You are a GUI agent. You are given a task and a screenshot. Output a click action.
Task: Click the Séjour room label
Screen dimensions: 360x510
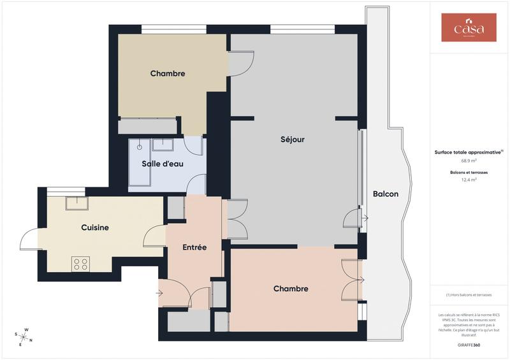click(293, 140)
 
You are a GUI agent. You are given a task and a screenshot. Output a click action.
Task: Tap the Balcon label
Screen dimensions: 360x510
click(386, 194)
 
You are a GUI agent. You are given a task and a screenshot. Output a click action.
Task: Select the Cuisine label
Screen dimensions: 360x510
click(95, 227)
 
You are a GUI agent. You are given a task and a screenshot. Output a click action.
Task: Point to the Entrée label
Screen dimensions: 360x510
click(194, 247)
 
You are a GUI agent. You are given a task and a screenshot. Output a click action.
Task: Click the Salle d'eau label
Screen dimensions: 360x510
click(163, 164)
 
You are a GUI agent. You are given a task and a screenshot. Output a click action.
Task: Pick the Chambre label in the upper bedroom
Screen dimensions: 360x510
click(168, 73)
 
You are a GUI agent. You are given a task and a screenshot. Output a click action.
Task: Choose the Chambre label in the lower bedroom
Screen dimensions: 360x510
click(291, 289)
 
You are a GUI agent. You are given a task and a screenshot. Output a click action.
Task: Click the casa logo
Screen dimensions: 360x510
click(469, 28)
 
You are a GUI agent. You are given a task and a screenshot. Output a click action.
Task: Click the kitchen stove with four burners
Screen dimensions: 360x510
click(80, 263)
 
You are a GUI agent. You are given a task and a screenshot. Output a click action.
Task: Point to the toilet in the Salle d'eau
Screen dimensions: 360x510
click(139, 147)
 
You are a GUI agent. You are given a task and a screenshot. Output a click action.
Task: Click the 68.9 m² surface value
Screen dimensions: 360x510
click(469, 161)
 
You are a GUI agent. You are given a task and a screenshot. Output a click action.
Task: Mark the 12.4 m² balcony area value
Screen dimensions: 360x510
click(469, 180)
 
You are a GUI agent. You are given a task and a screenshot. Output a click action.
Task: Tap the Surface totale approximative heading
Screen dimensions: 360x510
click(469, 152)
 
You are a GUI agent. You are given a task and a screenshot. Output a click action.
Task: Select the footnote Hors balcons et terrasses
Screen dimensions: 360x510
click(469, 295)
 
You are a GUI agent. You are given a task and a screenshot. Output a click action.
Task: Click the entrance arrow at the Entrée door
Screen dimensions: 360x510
click(159, 293)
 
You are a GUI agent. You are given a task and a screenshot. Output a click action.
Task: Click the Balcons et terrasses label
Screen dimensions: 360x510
click(469, 173)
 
